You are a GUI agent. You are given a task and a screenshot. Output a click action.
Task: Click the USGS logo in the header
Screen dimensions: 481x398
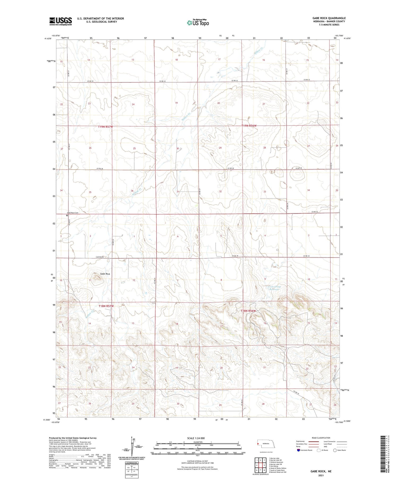[60, 21]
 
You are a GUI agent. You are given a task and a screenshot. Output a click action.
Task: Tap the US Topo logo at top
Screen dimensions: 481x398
[198, 23]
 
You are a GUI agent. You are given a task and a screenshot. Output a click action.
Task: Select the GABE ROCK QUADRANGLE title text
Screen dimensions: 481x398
[329, 18]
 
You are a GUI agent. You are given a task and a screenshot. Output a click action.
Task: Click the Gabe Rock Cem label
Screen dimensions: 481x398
[73, 213]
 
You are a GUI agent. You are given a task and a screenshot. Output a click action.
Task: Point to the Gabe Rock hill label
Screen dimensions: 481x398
[98, 274]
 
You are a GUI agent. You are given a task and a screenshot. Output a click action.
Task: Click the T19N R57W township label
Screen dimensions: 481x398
[105, 127]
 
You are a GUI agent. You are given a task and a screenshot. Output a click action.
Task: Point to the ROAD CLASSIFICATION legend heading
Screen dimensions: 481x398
[321, 438]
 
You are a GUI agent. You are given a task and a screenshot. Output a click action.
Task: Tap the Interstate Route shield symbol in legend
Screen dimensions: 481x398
[298, 450]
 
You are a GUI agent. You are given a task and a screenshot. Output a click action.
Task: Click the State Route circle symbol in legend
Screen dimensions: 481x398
[335, 450]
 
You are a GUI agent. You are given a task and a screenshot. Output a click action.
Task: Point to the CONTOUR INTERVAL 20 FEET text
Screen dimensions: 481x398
[197, 461]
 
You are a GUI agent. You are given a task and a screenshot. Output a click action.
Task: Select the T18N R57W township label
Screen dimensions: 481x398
[106, 306]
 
